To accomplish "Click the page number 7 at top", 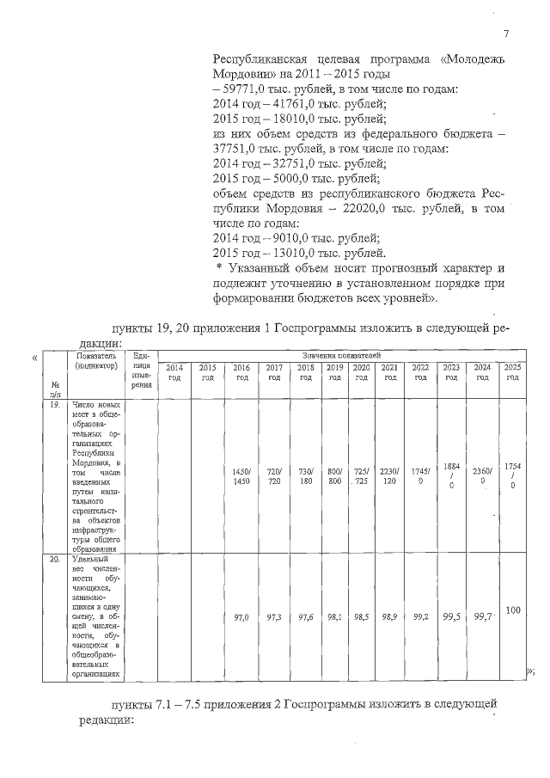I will [x=506, y=34].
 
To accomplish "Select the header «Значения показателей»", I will [x=335, y=354].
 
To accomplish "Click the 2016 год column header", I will [x=241, y=372].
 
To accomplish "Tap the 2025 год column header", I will [x=512, y=372].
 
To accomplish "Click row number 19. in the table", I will [x=54, y=403].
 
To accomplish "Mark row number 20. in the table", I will [x=54, y=559].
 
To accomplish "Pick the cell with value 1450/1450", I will [x=241, y=476].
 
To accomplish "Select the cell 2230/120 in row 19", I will [x=390, y=476].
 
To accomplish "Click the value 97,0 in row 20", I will [x=241, y=617].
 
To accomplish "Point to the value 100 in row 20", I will [x=512, y=610].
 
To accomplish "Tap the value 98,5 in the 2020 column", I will [x=362, y=617].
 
